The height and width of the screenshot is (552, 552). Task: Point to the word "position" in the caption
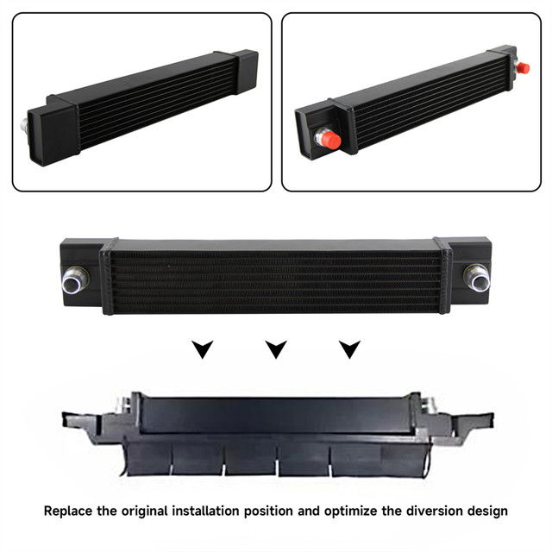pyautogui.click(x=268, y=511)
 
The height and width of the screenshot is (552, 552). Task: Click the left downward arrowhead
pyautogui.click(x=203, y=349)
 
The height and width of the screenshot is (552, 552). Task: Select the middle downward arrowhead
pyautogui.click(x=276, y=349)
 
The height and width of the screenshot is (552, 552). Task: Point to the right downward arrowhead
pyautogui.click(x=349, y=349)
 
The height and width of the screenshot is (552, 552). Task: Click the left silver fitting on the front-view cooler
pyautogui.click(x=74, y=280)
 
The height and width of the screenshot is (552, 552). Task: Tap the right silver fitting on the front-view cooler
pyautogui.click(x=477, y=279)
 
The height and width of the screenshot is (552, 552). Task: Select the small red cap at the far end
pyautogui.click(x=522, y=67)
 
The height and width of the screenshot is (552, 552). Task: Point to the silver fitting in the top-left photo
pyautogui.click(x=24, y=125)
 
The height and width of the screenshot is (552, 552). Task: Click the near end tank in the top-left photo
pyautogui.click(x=53, y=134)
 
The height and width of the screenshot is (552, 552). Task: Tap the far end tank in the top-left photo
pyautogui.click(x=246, y=71)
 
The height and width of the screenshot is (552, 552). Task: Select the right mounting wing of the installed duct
pyautogui.click(x=468, y=423)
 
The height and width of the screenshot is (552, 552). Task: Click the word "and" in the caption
pyautogui.click(x=309, y=511)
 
